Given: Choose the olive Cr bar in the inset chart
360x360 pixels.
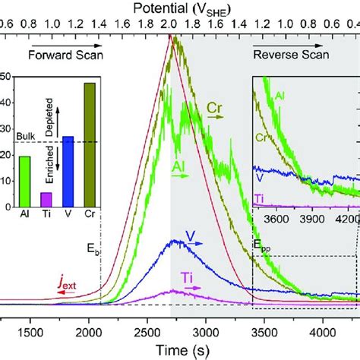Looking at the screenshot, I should tap(90, 144).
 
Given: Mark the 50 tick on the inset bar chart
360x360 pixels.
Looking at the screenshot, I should tap(6, 77).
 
